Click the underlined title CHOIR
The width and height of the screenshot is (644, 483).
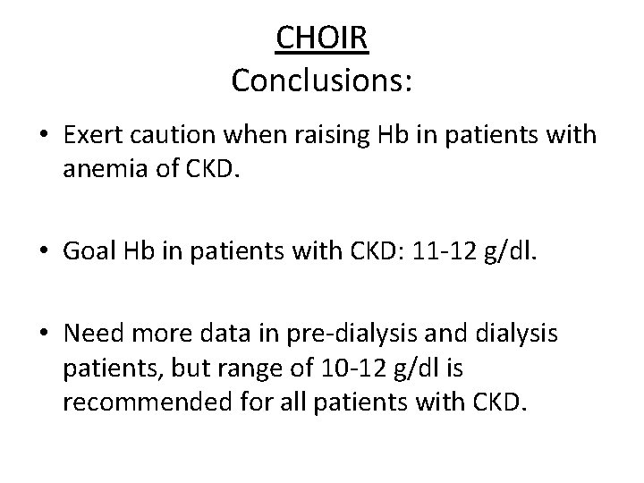tap(322, 38)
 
